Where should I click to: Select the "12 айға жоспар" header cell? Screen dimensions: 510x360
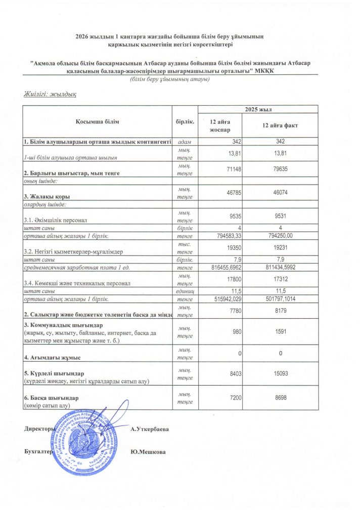[219, 126]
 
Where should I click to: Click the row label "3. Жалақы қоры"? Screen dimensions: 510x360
[46, 196]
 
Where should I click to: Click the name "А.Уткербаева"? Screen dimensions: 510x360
[150, 429]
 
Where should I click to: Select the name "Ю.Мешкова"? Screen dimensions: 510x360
[148, 452]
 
